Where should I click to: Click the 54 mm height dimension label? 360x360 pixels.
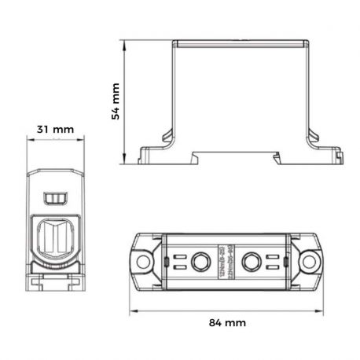(x=115, y=101)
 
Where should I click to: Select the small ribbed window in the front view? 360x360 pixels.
(x=56, y=196)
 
